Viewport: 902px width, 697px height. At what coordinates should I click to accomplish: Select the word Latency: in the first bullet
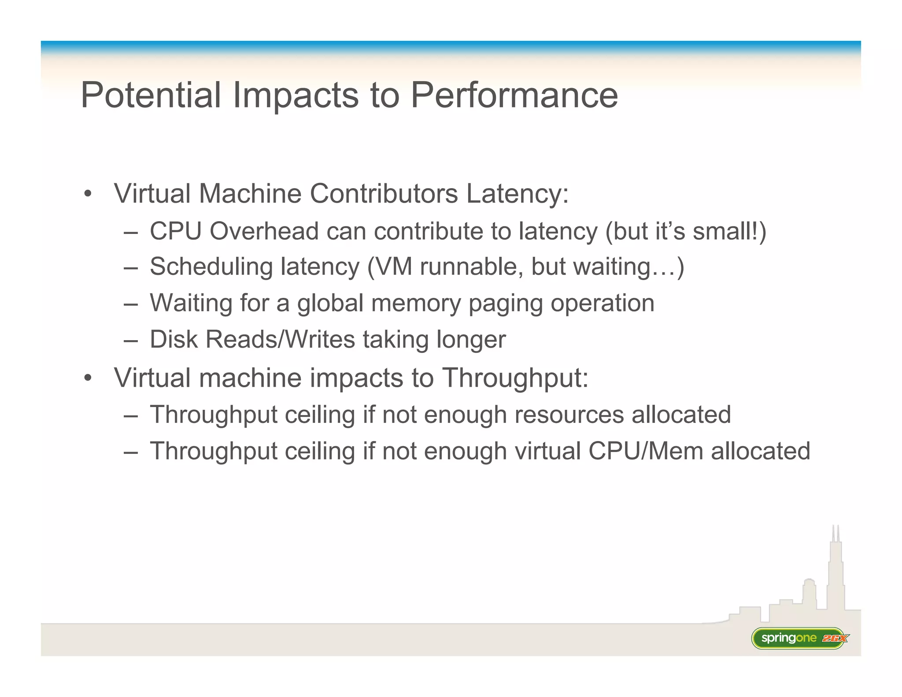(x=518, y=194)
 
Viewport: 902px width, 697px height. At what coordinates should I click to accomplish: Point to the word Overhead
(x=264, y=231)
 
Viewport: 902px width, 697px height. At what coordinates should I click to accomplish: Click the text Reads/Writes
(x=280, y=340)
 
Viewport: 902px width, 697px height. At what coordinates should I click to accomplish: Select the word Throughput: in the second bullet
(x=515, y=378)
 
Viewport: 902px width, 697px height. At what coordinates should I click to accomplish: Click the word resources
(x=569, y=415)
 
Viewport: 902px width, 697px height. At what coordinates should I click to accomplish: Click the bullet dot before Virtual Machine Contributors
(x=88, y=194)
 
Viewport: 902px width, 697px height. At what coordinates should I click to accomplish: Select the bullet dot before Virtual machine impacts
(x=88, y=378)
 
